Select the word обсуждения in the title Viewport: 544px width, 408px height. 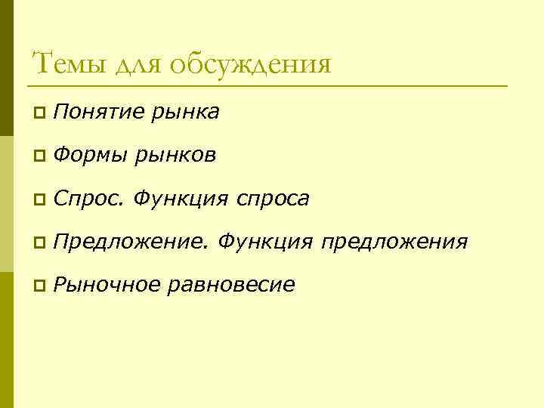(x=249, y=63)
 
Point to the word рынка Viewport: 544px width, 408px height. (x=185, y=113)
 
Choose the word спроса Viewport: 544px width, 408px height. (x=272, y=199)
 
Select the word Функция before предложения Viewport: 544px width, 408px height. (x=265, y=242)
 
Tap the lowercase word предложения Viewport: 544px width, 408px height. (x=394, y=243)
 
